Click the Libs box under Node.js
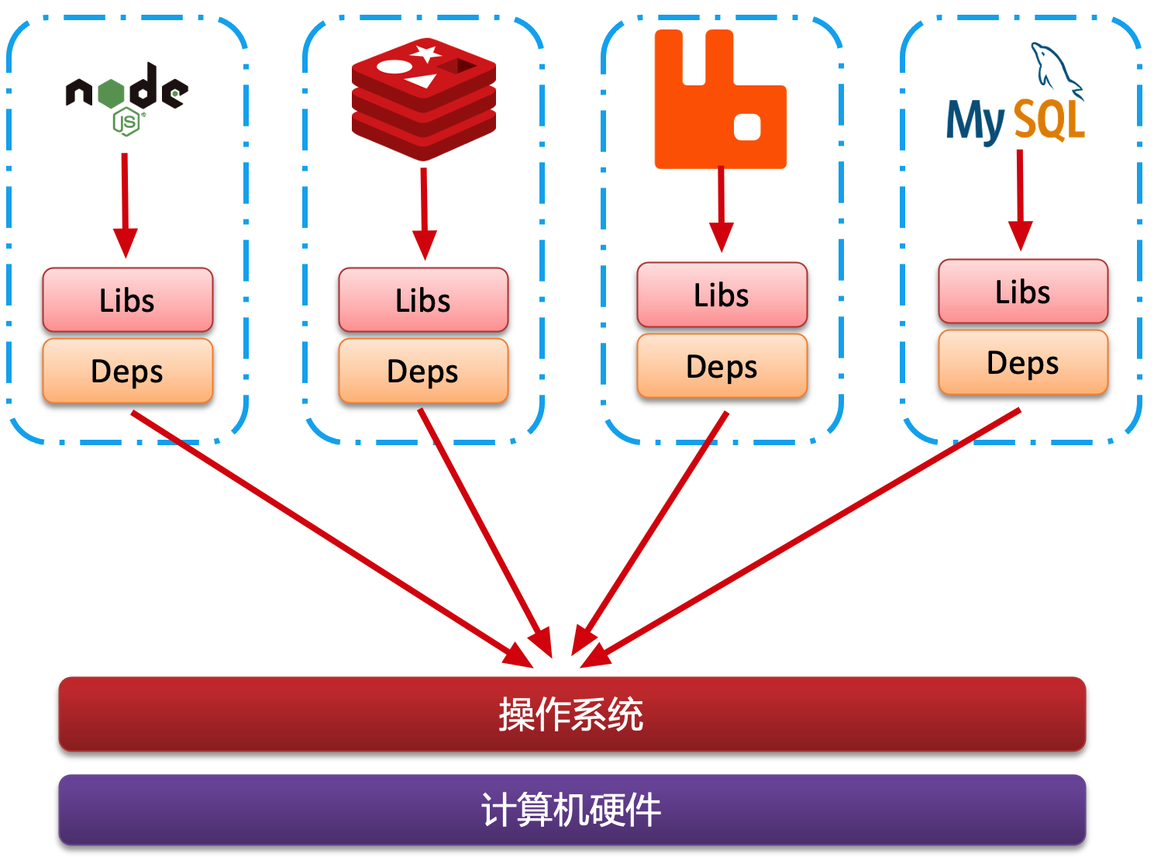tap(128, 300)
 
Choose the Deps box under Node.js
tap(128, 371)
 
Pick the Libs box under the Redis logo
tap(423, 300)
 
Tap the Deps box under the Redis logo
tap(423, 371)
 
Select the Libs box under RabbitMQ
tap(722, 295)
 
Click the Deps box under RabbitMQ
tap(722, 366)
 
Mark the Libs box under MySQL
tap(1023, 292)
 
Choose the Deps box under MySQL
tap(1023, 362)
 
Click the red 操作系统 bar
tap(572, 714)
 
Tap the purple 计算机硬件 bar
tap(572, 810)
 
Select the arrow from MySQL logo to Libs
tap(1020, 198)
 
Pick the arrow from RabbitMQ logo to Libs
tap(722, 206)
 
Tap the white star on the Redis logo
tap(425, 54)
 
